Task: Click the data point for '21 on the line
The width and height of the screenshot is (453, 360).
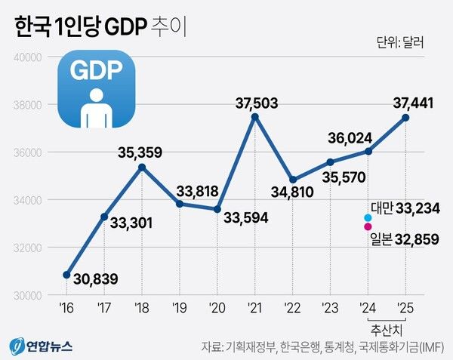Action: [254, 116]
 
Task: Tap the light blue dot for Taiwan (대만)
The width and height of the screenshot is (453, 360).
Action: [368, 218]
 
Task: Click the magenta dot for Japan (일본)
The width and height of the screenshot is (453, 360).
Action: [368, 226]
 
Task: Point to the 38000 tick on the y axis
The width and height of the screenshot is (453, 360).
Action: [29, 104]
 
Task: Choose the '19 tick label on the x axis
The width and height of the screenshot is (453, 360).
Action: [180, 308]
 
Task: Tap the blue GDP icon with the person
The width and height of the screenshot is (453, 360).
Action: [97, 90]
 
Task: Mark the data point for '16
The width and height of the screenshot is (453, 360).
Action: [66, 275]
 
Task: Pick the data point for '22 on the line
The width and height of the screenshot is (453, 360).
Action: [292, 180]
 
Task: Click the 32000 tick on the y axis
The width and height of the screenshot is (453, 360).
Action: [29, 248]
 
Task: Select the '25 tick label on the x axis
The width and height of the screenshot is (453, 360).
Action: [405, 308]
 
